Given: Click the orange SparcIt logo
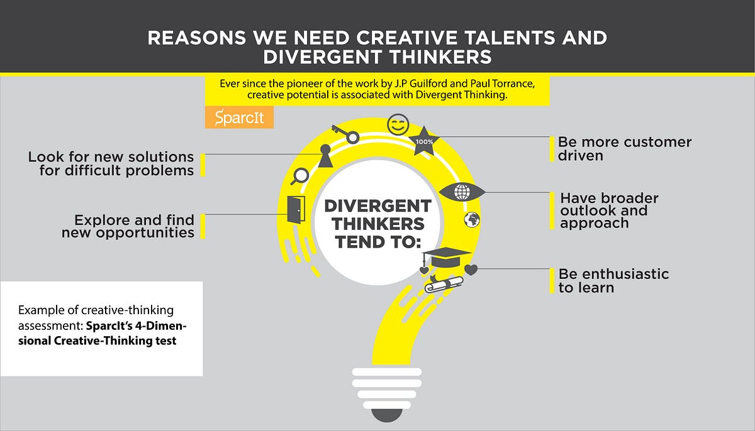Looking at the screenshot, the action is point(239,117).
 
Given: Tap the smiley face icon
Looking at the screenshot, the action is point(398,124).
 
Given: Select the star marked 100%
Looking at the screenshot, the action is point(424,141).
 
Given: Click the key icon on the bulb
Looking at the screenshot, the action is point(345,134).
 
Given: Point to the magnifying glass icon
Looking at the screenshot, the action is point(299,176).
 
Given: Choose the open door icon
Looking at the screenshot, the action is point(296,210).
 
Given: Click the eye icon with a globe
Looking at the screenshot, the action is point(462,192).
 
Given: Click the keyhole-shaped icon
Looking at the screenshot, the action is point(325,156).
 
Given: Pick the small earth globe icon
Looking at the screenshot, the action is point(472,220).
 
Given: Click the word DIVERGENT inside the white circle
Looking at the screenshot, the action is point(377,206).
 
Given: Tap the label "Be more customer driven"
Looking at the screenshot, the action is point(625,149).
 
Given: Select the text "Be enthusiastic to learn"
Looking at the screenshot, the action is point(613,281).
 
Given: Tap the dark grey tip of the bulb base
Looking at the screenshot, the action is point(386,415).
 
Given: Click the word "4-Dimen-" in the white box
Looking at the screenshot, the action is point(161,326).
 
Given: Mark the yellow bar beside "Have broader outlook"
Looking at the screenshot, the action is point(552,210).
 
